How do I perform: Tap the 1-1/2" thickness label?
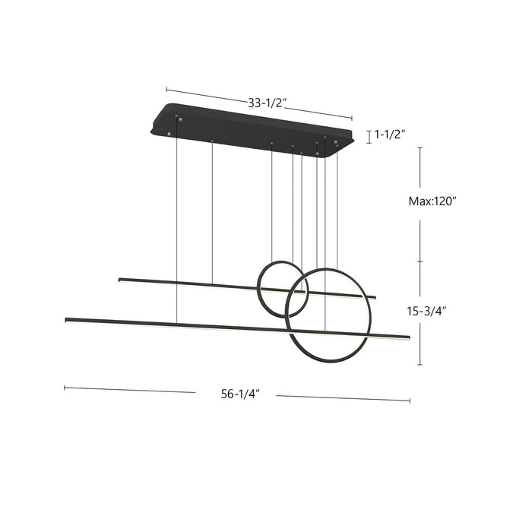click(389, 135)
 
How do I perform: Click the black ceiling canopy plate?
click(251, 128)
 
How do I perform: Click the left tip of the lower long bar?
click(67, 319)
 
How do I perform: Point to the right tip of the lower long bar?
click(408, 337)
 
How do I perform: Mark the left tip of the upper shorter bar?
click(120, 280)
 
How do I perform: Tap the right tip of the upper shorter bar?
click(375, 296)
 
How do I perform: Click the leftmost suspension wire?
click(177, 220)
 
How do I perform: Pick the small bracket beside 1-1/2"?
click(369, 137)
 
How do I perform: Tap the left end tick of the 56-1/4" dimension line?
click(65, 388)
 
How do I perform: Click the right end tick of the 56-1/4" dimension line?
click(410, 400)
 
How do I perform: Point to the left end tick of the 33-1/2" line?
click(166, 90)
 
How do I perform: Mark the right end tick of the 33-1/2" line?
click(352, 118)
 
